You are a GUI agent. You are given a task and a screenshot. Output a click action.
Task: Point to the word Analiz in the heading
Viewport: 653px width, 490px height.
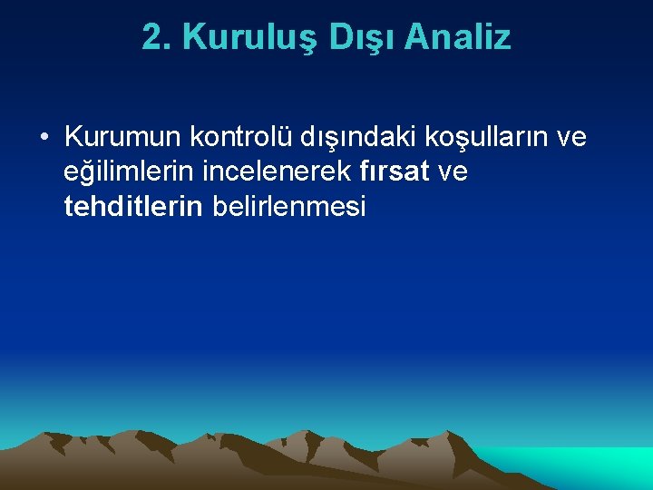[x=458, y=37]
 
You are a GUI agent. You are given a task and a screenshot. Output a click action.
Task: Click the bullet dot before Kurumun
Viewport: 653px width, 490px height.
[x=44, y=139]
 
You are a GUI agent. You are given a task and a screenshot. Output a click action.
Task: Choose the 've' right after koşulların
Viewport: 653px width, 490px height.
[x=571, y=138]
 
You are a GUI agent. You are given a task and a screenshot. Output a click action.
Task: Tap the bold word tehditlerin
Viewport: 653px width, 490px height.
[x=133, y=207]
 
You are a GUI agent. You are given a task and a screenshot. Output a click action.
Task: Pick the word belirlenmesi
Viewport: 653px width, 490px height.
[x=288, y=207]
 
